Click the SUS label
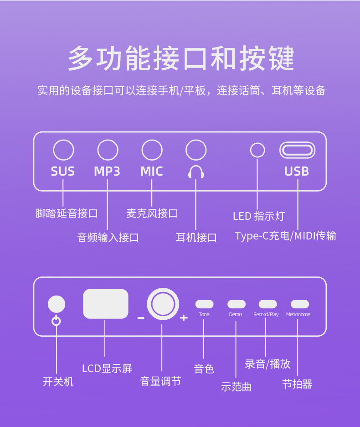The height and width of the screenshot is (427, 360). pos(63,172)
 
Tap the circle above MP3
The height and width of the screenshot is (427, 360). pos(108,150)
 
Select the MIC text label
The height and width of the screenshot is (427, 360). pos(152,172)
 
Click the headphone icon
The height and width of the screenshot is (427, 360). pos(196,172)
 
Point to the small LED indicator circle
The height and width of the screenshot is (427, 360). pos(258,150)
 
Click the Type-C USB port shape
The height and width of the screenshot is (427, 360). pos(297,150)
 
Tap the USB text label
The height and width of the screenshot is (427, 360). pos(297,172)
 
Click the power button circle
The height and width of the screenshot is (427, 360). pos(57,304)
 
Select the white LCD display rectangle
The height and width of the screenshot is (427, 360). pos(106,304)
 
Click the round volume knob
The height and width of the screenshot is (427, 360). pos(163,304)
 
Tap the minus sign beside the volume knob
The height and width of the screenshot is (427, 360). pos(141,318)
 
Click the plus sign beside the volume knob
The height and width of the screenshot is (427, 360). pos(184,318)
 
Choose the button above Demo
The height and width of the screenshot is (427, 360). pos(237,304)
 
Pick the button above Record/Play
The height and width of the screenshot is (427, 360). pos(267,304)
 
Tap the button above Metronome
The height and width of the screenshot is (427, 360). pos(299,304)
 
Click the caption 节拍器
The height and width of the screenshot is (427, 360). pos(297,384)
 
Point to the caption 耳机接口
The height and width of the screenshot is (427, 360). pos(196,237)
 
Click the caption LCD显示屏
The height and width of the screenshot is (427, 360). pos(107,369)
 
